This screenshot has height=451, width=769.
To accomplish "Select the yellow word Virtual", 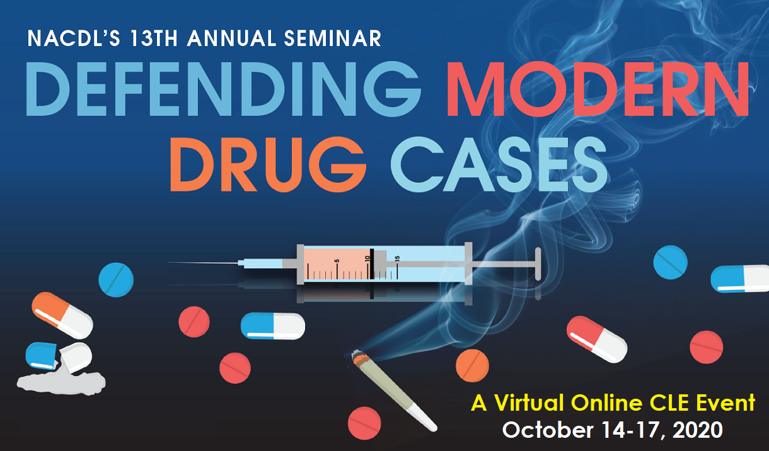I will coord(529,402).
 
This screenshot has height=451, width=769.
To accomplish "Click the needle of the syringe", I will coord(202,263).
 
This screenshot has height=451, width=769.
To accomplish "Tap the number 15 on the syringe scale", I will coord(397,259).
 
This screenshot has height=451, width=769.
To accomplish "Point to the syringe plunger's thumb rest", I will coord(538,263).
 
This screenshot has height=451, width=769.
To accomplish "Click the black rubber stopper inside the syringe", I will coord(372,263).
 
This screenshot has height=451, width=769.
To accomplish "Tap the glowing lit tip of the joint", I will coord(357,360).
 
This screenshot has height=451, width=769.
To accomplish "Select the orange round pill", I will coord(472,366).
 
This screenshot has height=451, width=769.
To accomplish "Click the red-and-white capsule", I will coord(596,339).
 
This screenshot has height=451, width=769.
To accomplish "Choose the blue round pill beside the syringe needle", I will coord(116,279).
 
